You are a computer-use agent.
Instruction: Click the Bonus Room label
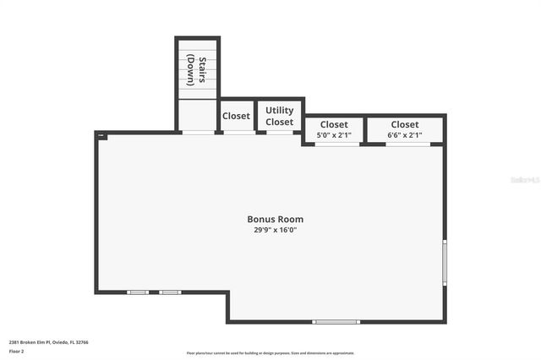(275, 219)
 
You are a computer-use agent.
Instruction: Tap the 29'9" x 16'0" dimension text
(275, 230)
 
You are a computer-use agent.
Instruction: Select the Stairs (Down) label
(197, 70)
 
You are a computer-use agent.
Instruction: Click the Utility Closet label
(280, 117)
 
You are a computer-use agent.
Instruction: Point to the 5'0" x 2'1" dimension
(334, 135)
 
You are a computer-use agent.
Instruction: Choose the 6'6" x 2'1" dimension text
(405, 135)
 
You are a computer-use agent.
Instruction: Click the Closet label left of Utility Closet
(236, 116)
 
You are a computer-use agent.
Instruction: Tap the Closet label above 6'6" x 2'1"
(405, 125)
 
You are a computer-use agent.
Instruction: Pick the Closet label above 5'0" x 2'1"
(334, 125)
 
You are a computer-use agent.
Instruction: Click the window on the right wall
(445, 262)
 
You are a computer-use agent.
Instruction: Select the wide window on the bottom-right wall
(336, 321)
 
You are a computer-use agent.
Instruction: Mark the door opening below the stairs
(198, 132)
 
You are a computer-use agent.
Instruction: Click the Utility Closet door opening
(280, 132)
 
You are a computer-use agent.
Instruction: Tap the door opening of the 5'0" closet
(336, 144)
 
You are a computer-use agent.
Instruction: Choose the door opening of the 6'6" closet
(408, 144)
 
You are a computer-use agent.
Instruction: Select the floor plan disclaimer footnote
(270, 353)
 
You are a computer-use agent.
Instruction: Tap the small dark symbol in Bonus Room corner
(101, 135)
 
